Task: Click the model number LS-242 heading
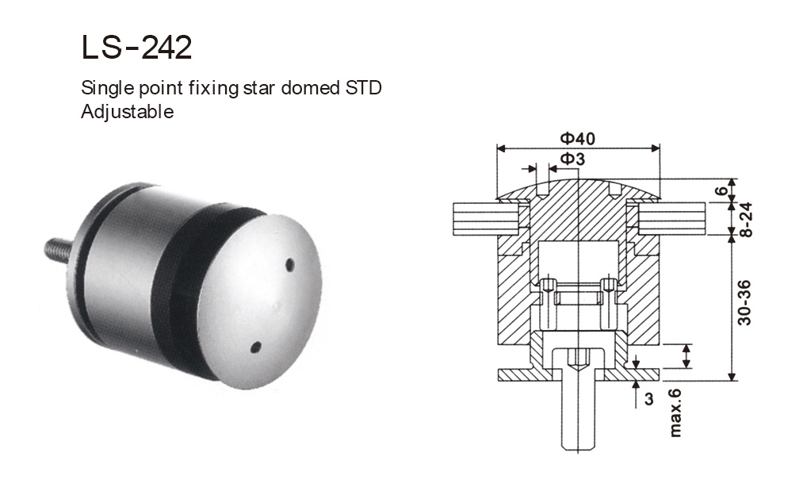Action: (136, 48)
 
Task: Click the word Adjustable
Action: (127, 112)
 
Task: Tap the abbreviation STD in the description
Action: (363, 88)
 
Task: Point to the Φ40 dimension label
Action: (577, 138)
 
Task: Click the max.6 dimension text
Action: (675, 412)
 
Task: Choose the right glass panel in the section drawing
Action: (674, 218)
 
